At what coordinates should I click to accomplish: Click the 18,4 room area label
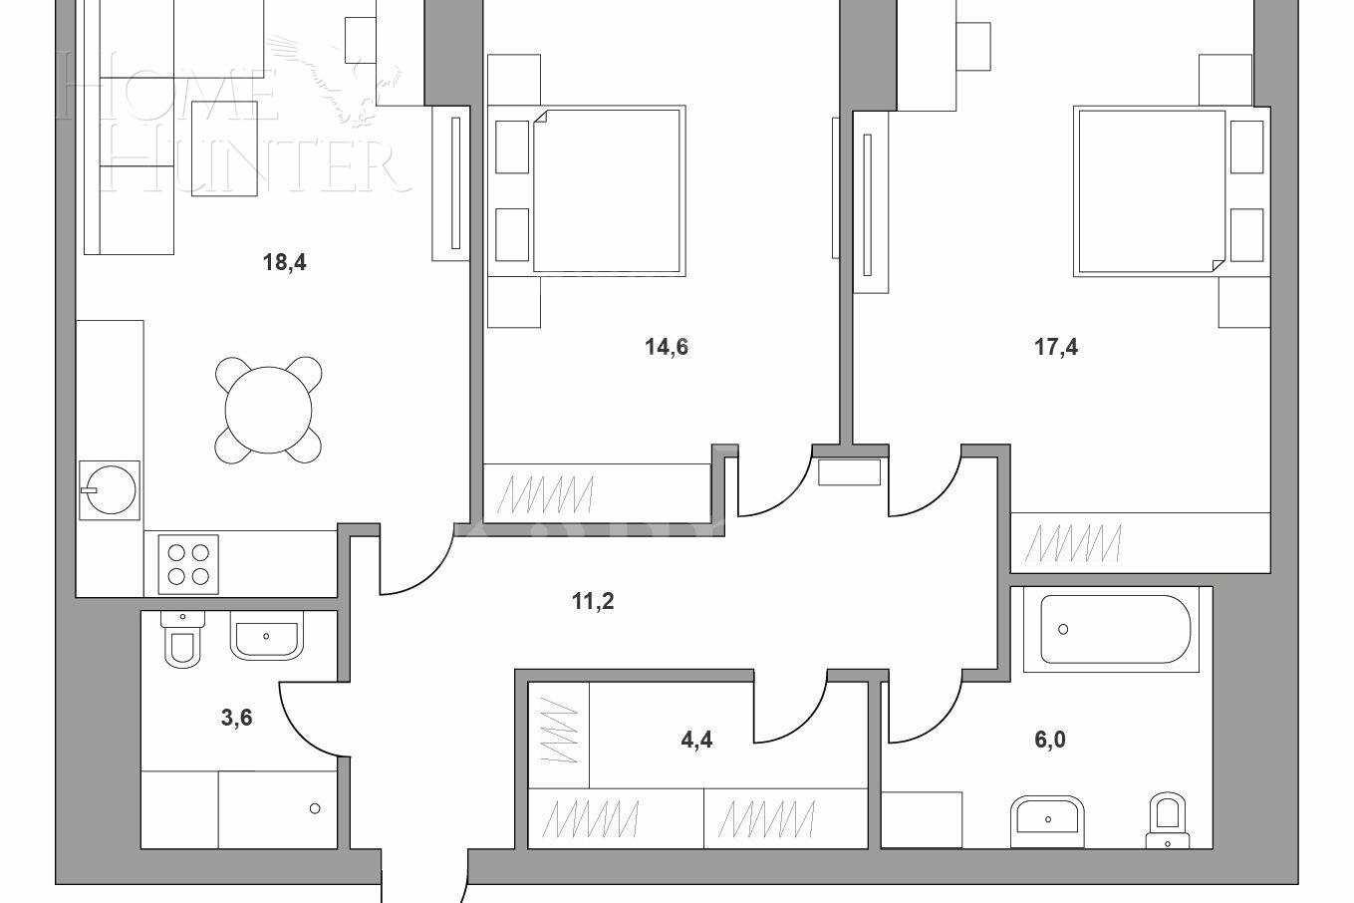pos(283,263)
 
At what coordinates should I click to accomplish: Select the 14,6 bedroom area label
pos(667,347)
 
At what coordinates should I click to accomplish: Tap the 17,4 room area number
pos(1056,347)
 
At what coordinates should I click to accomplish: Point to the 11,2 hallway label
pos(592,600)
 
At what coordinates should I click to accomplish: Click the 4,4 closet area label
pos(696,740)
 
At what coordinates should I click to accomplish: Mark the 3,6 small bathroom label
pos(236,717)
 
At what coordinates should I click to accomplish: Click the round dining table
pos(268,409)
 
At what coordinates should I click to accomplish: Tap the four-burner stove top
pos(188,564)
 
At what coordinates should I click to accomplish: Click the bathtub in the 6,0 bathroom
pos(1115,630)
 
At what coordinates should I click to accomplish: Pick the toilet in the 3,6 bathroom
pos(181,642)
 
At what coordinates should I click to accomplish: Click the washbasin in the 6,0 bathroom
pos(1047,820)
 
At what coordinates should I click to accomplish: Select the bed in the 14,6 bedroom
pos(606,189)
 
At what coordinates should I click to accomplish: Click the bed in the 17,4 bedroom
pos(1152,189)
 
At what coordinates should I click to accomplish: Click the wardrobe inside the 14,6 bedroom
pos(596,491)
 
